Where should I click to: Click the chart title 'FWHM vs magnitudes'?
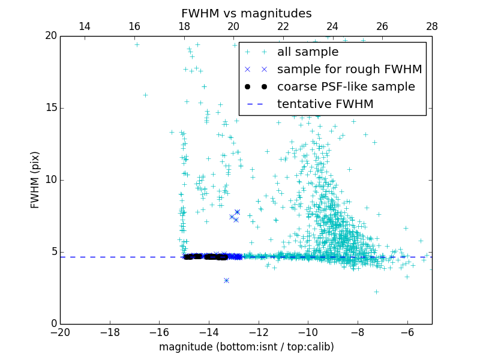246,13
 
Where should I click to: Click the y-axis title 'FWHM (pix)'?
35,180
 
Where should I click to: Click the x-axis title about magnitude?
246,347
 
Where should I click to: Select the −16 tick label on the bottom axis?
159,332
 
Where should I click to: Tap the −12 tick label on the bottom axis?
258,332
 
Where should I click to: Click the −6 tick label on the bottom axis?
407,332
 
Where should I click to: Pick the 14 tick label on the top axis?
85,26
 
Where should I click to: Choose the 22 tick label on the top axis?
283,26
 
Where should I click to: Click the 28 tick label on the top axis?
432,26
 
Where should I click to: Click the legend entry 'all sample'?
308,52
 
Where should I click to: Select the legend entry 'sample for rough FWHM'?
349,70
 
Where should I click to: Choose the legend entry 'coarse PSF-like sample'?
346,87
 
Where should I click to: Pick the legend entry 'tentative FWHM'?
325,104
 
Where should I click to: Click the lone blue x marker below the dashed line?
226,280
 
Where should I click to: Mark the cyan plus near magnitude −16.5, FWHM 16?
145,95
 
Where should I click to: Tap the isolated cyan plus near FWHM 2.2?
376,292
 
